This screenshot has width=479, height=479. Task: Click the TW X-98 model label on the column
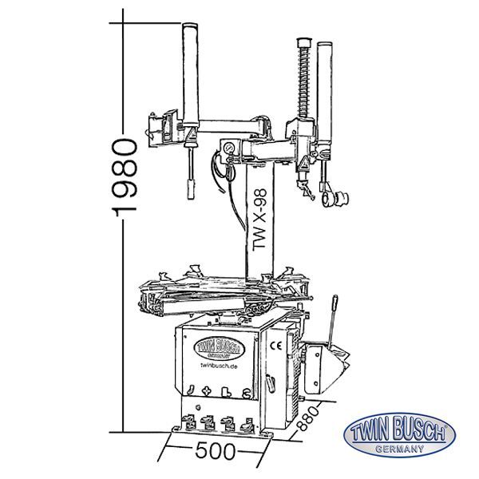pos(258,226)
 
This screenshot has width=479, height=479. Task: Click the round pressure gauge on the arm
pos(228,148)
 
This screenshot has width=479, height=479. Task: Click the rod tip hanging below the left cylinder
pos(191,189)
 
